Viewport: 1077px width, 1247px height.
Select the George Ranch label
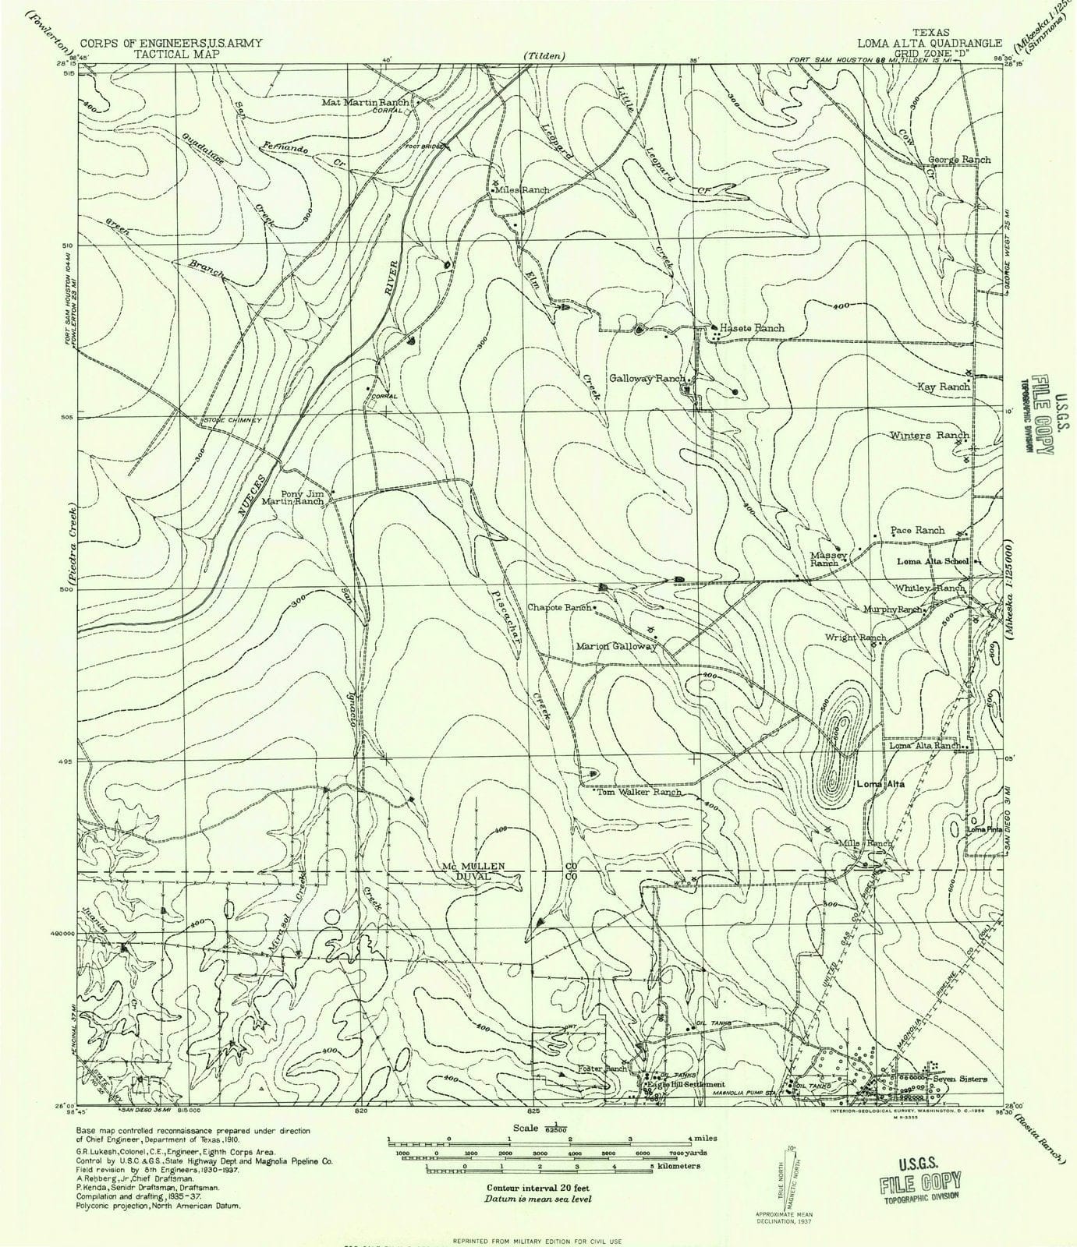coord(958,160)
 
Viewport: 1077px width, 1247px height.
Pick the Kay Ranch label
coord(943,387)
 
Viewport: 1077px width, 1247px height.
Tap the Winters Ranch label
coord(929,436)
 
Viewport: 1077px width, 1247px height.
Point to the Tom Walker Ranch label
coord(639,792)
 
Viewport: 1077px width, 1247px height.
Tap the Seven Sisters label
coord(962,1079)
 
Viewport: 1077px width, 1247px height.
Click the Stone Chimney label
coord(232,421)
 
